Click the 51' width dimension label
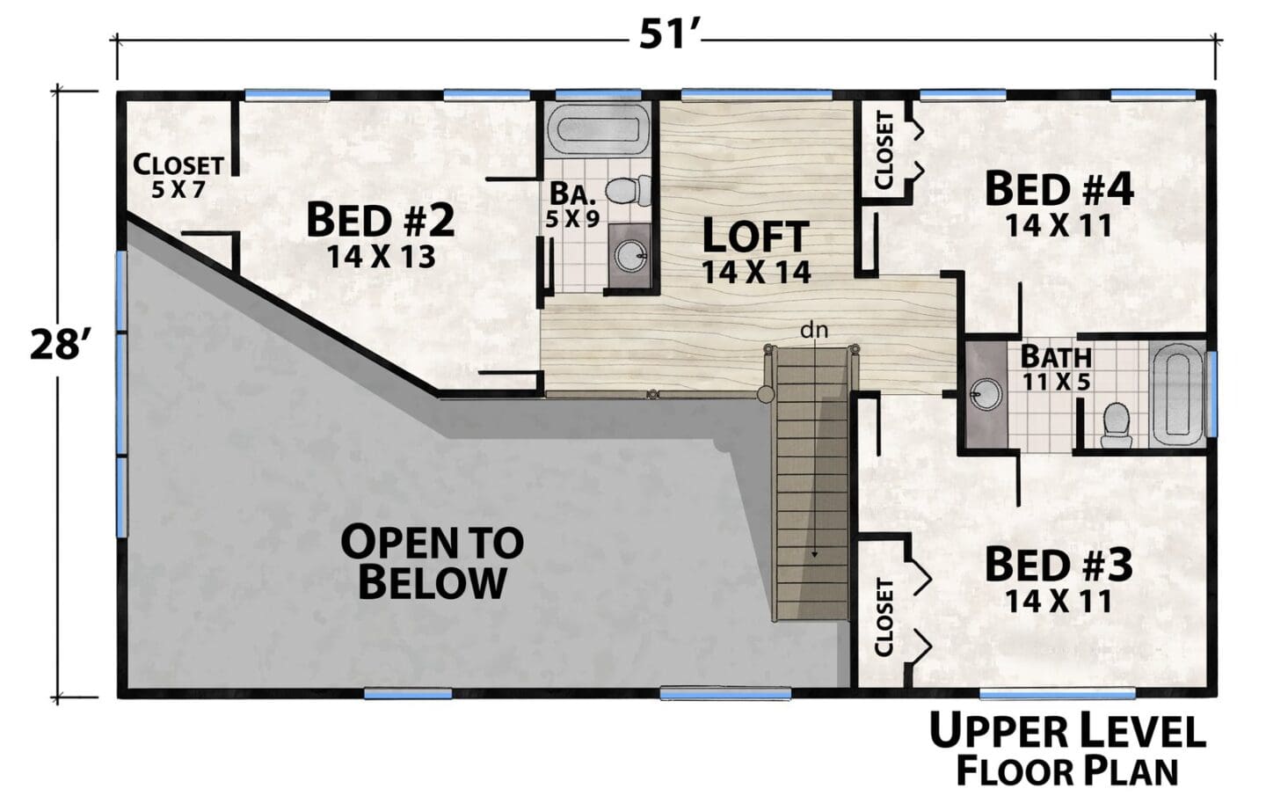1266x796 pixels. click(668, 35)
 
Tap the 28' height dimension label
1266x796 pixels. click(58, 345)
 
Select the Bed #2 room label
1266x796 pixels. click(381, 236)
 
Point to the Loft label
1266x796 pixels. click(756, 251)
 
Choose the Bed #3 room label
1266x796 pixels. click(1059, 581)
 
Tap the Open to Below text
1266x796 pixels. click(433, 562)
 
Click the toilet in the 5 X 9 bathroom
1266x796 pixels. click(628, 190)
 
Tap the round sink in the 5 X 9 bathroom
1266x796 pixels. click(630, 257)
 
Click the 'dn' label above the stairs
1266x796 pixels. click(814, 330)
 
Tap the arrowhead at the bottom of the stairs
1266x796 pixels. click(814, 554)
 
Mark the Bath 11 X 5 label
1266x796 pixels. click(1057, 368)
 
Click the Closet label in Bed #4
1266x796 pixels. click(884, 150)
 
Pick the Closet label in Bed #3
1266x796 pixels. click(884, 617)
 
